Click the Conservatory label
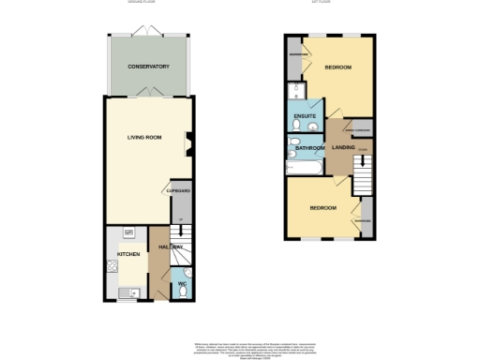coord(148,67)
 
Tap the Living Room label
coord(145,138)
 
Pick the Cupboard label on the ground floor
coord(179,191)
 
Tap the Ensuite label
coord(306,116)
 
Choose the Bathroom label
coord(309,148)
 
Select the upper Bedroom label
coord(337,68)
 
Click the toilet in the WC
coord(181,292)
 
